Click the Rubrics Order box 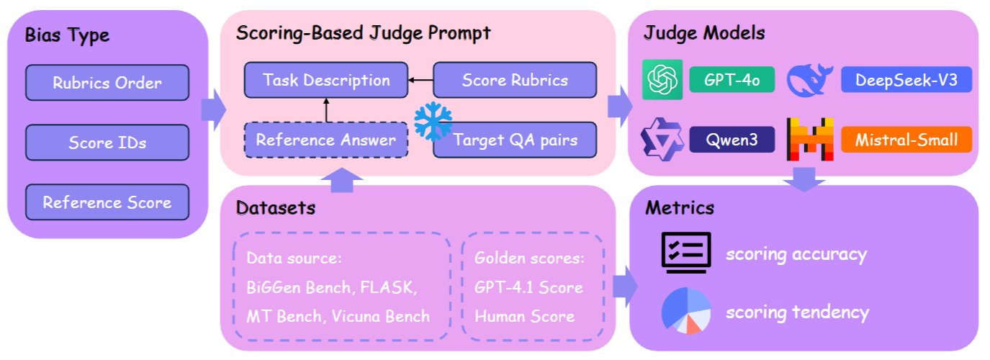(x=107, y=83)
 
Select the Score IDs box (x=107, y=143)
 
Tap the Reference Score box (x=107, y=202)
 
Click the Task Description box (x=326, y=80)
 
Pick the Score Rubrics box (x=515, y=80)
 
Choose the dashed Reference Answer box (x=326, y=140)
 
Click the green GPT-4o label (x=732, y=80)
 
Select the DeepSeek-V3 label (x=906, y=80)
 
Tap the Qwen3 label (x=732, y=139)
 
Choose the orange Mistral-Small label (x=906, y=139)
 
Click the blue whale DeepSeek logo (x=809, y=79)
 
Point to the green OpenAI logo (x=662, y=79)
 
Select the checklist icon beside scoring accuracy (x=685, y=253)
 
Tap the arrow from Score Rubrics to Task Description (x=420, y=80)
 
